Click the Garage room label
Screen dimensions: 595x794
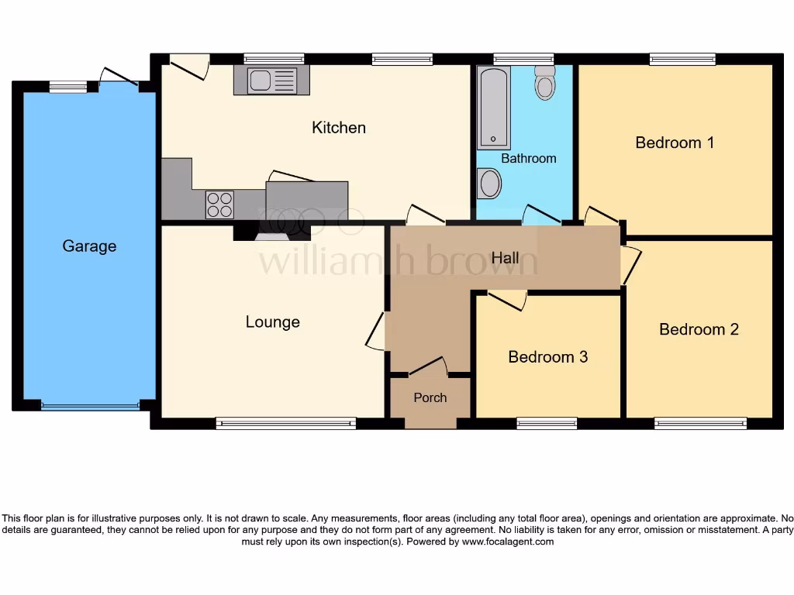tap(89, 246)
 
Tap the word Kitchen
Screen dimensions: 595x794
tap(339, 128)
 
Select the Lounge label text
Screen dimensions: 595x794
tap(272, 322)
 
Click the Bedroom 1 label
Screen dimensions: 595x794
tap(675, 143)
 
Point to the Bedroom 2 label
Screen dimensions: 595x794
tap(699, 329)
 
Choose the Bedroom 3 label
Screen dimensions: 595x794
tap(547, 357)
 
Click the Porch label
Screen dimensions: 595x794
tap(430, 397)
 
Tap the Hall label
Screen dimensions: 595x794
tap(505, 258)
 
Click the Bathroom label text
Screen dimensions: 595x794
tap(528, 158)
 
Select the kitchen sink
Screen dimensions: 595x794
tap(271, 81)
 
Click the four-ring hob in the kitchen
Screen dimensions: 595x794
tap(219, 205)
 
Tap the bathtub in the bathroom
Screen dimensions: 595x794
tap(493, 108)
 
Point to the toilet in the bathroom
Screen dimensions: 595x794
tap(545, 81)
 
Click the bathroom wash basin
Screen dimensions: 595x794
tap(490, 184)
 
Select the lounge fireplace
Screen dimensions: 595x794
tap(271, 231)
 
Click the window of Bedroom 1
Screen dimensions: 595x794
tap(682, 58)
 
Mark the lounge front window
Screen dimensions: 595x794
tap(285, 423)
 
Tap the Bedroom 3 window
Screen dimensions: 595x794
tap(547, 423)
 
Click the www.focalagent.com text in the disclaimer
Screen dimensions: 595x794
tap(508, 542)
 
